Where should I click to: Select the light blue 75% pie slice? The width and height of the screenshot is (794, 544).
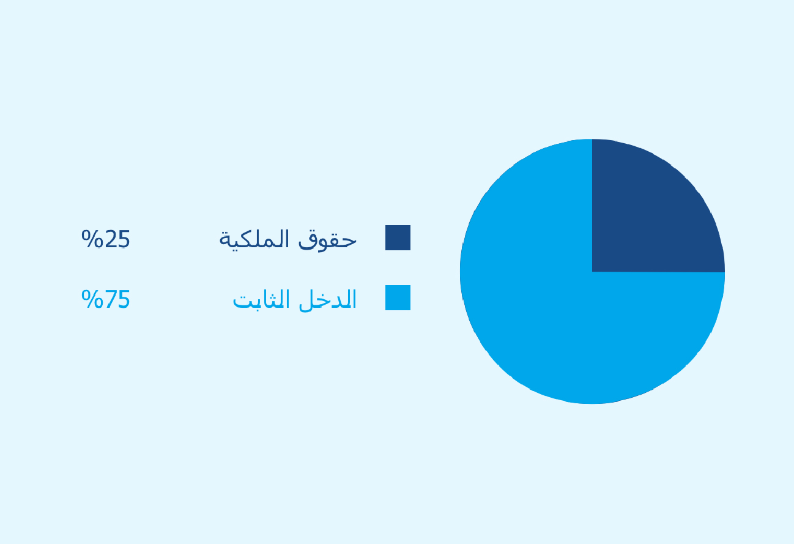click(553, 319)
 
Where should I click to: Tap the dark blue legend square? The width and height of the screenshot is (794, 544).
click(398, 237)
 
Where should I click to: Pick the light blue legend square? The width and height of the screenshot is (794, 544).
click(398, 297)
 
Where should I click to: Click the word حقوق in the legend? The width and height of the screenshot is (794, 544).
click(327, 240)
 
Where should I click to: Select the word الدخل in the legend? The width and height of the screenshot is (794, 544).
click(328, 300)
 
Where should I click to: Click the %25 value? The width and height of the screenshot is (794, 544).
click(106, 239)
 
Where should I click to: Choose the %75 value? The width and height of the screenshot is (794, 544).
click(106, 299)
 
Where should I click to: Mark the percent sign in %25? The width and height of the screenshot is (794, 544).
click(92, 239)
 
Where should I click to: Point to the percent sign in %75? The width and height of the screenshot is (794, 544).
click(92, 299)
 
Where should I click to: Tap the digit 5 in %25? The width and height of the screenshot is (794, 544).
click(124, 239)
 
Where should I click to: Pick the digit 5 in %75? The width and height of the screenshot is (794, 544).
click(124, 299)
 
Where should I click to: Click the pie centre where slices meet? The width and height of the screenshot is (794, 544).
click(592, 272)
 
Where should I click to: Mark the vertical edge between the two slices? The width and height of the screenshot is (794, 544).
click(592, 206)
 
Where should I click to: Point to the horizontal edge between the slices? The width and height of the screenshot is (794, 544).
click(658, 272)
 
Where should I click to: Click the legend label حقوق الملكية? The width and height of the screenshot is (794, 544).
click(288, 240)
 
